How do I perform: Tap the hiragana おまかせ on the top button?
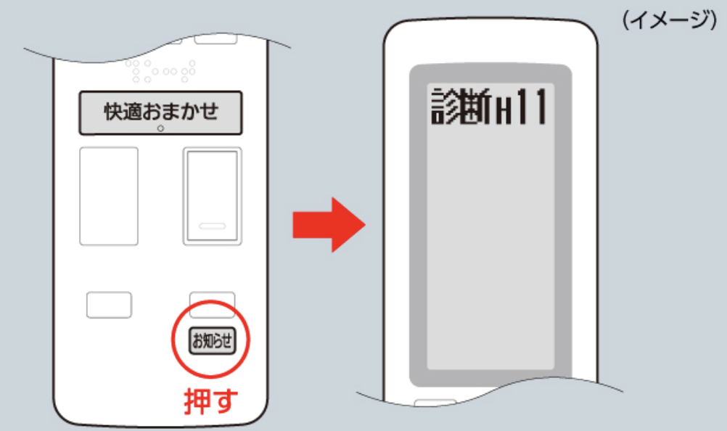[x=181, y=112]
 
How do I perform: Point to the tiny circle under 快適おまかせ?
[x=160, y=129]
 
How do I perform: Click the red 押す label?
[x=211, y=401]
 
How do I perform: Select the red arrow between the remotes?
[x=329, y=225]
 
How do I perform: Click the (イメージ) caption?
[x=670, y=20]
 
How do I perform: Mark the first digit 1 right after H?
[x=522, y=107]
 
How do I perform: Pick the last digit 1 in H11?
[x=539, y=107]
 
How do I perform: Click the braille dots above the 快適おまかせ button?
[x=160, y=71]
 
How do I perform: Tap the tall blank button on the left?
[x=109, y=196]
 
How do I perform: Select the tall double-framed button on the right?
[x=213, y=196]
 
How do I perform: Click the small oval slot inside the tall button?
[x=213, y=226]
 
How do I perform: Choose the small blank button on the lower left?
[x=109, y=305]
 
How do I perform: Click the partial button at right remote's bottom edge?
[x=435, y=402]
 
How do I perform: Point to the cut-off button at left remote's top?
[x=215, y=39]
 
